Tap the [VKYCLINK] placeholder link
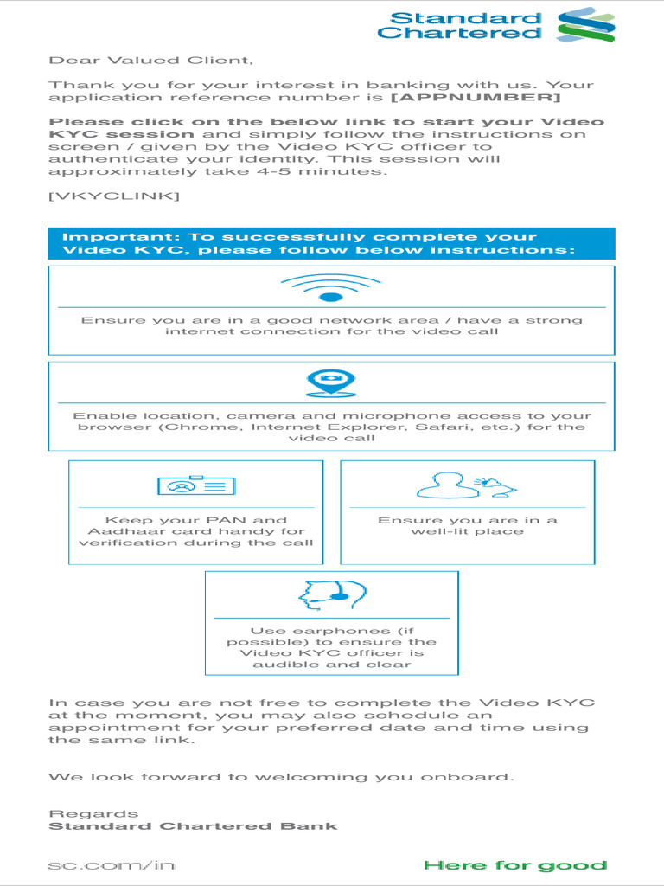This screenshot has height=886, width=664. (x=114, y=196)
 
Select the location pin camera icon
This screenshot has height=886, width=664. (x=331, y=382)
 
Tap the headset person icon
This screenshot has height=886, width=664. (x=328, y=594)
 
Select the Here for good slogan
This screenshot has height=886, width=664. (x=515, y=865)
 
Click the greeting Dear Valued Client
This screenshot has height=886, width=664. (x=151, y=61)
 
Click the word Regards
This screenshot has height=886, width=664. (x=93, y=813)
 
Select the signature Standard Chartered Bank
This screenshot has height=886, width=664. (x=193, y=826)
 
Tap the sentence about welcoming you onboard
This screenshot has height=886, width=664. (x=281, y=777)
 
